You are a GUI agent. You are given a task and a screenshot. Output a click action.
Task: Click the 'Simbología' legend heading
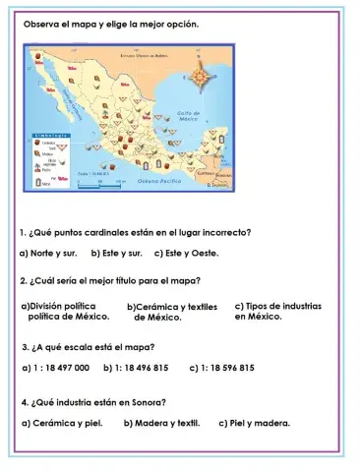pos(51,130)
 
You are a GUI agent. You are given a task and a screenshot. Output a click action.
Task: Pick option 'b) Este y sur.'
pos(117,253)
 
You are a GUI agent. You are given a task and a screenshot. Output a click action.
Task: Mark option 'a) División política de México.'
pos(64,312)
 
